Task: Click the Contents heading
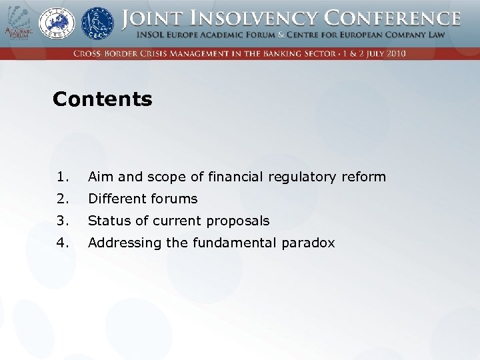point(102,99)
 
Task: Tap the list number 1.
point(63,177)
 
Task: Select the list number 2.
point(63,199)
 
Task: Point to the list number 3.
point(63,221)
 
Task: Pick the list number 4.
point(63,243)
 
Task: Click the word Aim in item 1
point(101,177)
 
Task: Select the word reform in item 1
point(363,177)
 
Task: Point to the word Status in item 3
point(108,221)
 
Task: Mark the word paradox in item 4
point(308,243)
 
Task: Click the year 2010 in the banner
point(394,53)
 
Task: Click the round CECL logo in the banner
point(97,23)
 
